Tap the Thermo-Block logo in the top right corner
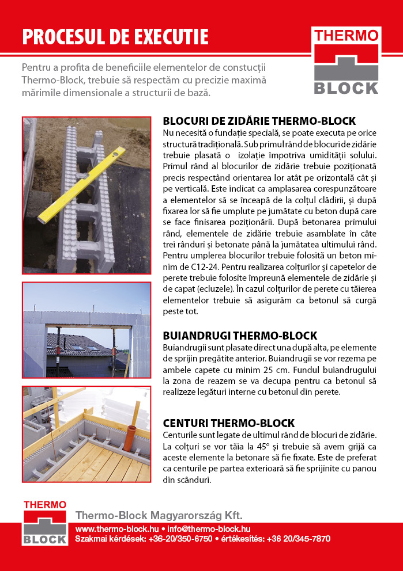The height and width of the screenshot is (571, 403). (346, 60)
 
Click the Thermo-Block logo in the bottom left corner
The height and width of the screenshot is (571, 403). (45, 523)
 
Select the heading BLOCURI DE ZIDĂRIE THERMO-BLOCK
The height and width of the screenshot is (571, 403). (259, 121)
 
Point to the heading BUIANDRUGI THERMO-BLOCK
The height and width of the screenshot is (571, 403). (240, 336)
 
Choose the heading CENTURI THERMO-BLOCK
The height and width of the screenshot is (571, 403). (229, 423)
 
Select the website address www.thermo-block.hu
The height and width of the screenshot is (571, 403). (117, 528)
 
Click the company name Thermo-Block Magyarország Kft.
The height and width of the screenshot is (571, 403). (159, 515)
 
